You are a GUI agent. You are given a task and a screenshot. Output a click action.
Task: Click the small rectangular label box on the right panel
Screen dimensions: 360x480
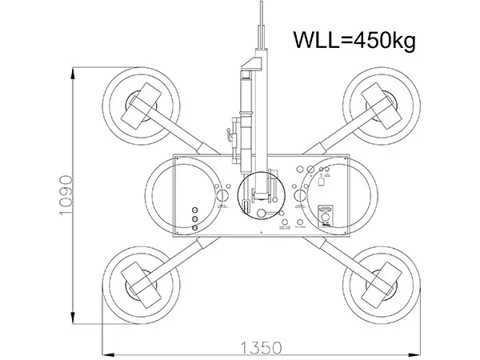321,182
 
